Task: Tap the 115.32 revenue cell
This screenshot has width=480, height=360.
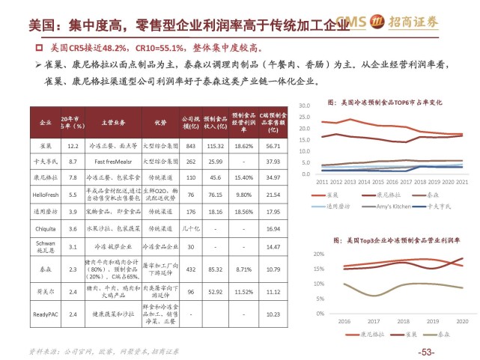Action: [x=214, y=147]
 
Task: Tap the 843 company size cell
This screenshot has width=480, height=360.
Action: [x=190, y=147]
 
